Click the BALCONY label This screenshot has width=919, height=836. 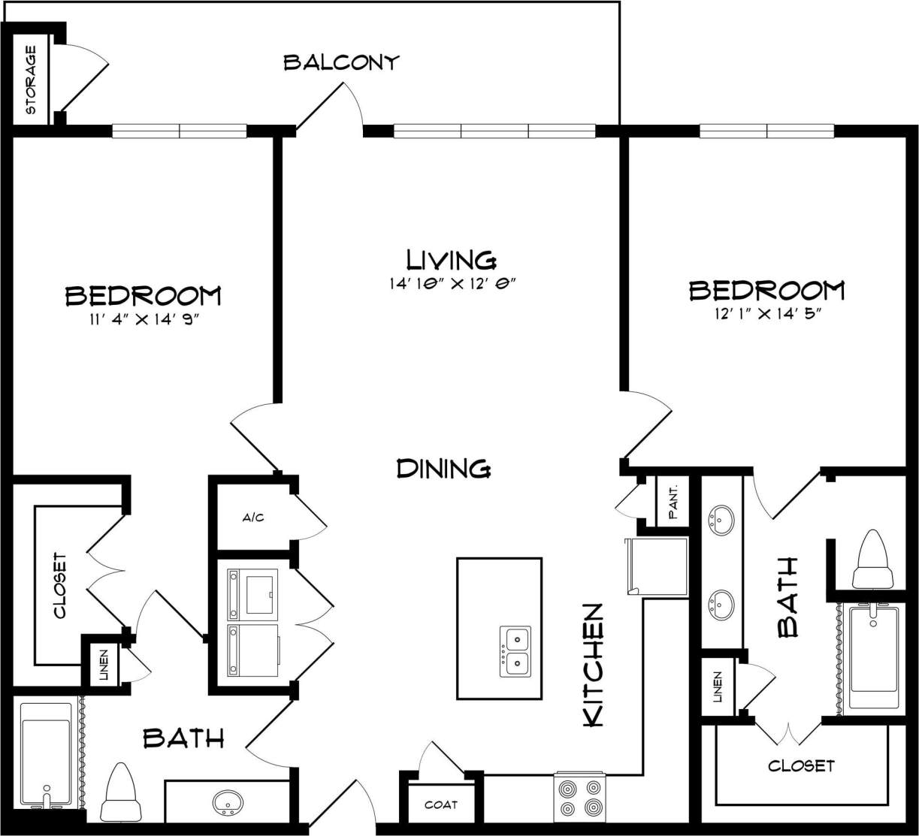(x=340, y=62)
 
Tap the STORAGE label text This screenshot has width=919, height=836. (x=32, y=80)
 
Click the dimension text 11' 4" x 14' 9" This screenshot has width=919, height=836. (x=143, y=320)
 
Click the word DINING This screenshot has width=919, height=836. (x=443, y=469)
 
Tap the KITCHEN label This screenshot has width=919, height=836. (x=594, y=664)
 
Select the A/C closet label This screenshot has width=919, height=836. (x=252, y=518)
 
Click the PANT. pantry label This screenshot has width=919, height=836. (x=673, y=502)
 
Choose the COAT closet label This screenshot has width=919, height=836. (x=441, y=804)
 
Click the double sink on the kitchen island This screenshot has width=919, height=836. (x=515, y=651)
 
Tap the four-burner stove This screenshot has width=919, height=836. (x=579, y=798)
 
